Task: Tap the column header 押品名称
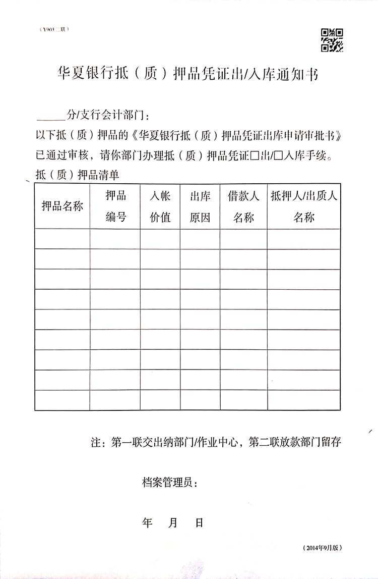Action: click(x=62, y=206)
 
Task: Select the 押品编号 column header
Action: click(x=115, y=206)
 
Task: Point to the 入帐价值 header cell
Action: click(x=160, y=206)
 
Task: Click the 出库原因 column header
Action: click(x=200, y=206)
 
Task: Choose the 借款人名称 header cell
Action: click(x=243, y=206)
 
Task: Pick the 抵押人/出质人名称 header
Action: click(x=304, y=206)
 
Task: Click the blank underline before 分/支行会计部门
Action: click(x=52, y=116)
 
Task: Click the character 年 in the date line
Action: click(x=147, y=522)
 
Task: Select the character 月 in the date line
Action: click(x=173, y=522)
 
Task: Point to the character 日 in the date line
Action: click(x=199, y=522)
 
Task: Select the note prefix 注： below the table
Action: click(x=97, y=443)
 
